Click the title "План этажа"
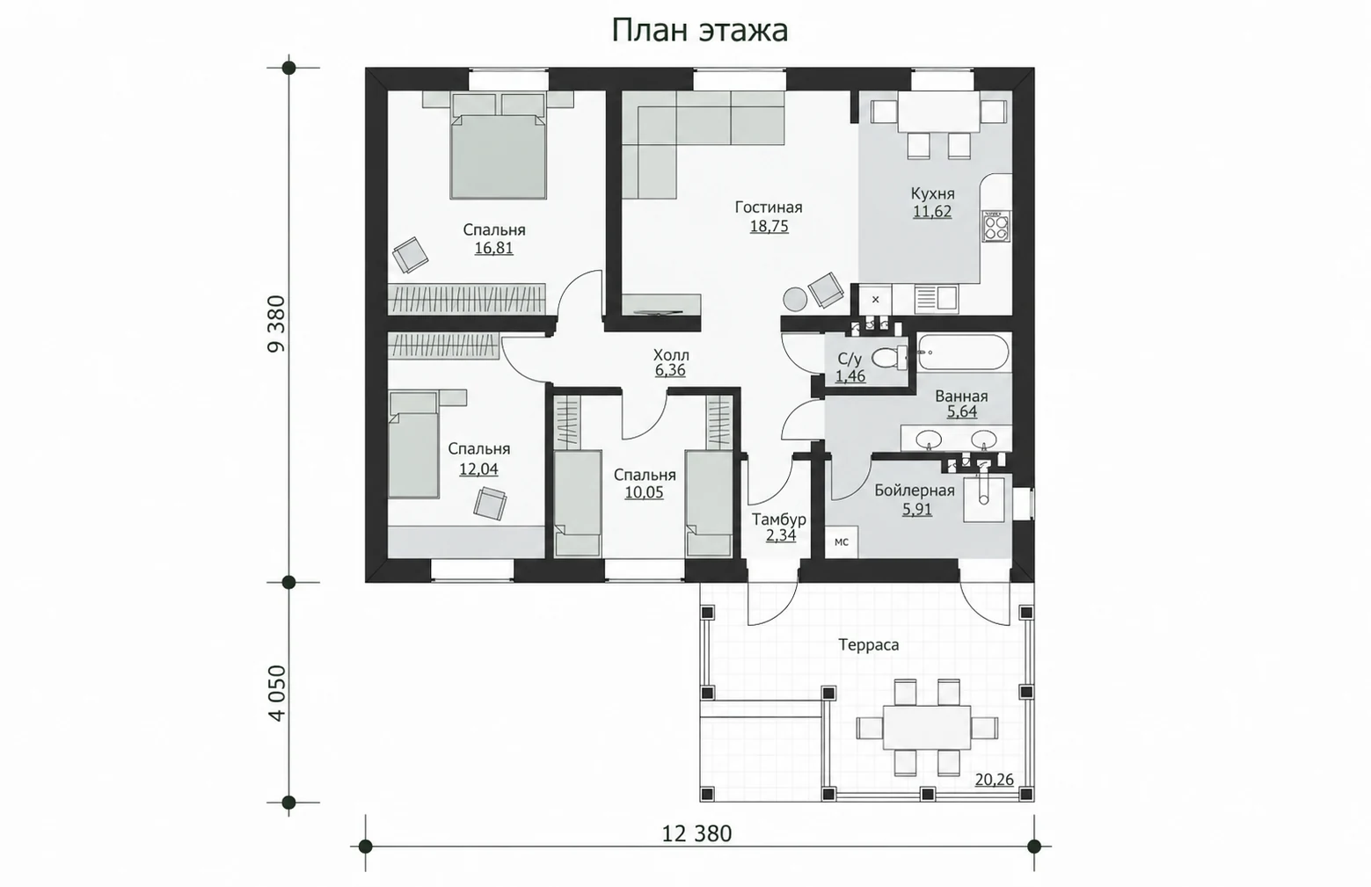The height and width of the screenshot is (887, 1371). click(x=700, y=31)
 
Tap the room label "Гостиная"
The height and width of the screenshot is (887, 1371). click(x=769, y=207)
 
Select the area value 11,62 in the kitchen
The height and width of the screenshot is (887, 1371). click(x=932, y=212)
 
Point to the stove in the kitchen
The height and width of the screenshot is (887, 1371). click(x=996, y=226)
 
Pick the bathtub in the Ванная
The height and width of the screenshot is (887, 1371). click(x=963, y=352)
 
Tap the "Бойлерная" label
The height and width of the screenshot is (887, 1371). click(x=915, y=491)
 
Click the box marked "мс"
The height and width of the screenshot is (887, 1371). click(x=842, y=542)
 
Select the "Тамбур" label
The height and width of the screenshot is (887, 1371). click(x=779, y=520)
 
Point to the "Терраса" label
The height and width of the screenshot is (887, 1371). click(x=869, y=644)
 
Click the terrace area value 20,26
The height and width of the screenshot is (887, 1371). click(x=994, y=780)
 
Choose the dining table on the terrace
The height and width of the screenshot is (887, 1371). click(x=927, y=728)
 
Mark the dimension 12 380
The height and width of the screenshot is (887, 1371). click(x=697, y=833)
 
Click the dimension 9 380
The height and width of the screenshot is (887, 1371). click(x=277, y=324)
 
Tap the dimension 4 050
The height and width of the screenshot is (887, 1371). click(x=277, y=693)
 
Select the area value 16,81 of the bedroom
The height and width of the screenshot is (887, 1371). click(x=494, y=249)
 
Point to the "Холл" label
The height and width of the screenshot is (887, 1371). click(x=671, y=355)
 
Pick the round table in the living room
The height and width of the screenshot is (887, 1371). click(x=795, y=299)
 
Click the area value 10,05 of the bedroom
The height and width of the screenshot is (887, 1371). click(x=644, y=492)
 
